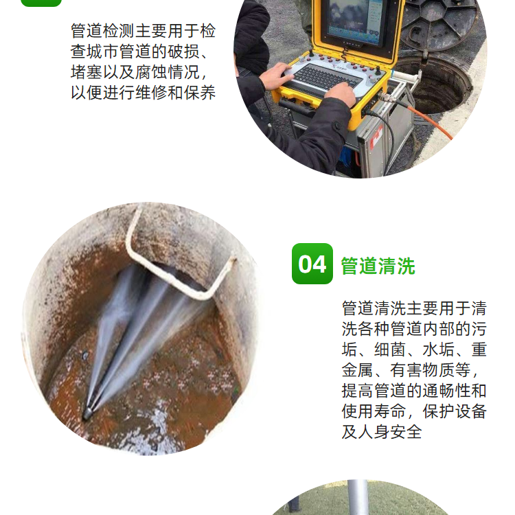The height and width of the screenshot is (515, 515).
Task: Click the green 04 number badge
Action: (312, 264)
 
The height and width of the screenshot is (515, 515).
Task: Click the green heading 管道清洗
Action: (378, 266)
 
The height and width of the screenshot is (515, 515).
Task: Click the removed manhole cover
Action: (440, 23)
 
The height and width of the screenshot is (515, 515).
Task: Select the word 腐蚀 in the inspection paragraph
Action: (152, 72)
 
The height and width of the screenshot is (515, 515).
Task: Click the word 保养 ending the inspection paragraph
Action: (200, 93)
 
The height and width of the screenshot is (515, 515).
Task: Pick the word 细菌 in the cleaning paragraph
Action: (390, 350)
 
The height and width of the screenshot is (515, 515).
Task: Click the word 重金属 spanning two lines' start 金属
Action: (358, 370)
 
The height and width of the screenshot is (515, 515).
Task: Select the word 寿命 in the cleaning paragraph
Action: (390, 411)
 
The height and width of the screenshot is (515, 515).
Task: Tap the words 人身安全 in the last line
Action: (390, 432)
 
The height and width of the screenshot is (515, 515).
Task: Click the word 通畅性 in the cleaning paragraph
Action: (446, 391)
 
